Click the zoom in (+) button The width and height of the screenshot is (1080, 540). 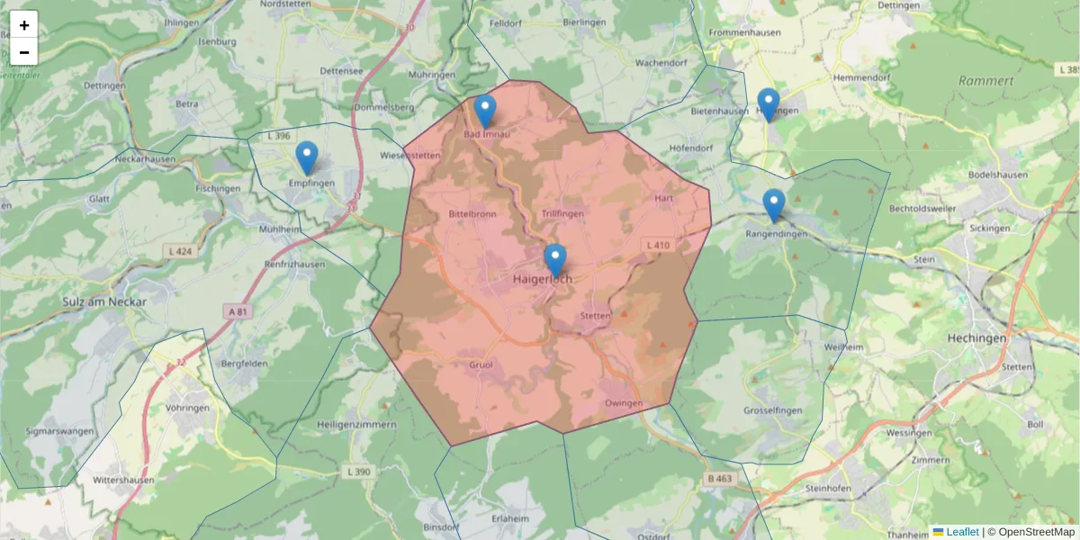coord(23,25)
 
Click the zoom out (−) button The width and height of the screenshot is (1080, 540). coord(23,52)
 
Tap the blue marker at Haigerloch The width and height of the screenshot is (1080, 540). coord(555,259)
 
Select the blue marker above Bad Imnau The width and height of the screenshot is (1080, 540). coord(485,111)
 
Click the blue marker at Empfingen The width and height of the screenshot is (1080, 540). coord(307,157)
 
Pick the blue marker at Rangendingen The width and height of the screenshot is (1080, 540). coord(774,205)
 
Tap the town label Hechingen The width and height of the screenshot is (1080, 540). coord(976,337)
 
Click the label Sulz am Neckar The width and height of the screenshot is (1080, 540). coord(105,302)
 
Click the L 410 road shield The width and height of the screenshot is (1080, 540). coord(658,245)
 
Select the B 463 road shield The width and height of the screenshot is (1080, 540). coord(719,479)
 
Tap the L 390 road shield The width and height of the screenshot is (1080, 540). coord(358,472)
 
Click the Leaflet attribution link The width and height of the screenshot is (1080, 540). coord(961,532)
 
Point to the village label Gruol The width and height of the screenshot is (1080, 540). coord(481,365)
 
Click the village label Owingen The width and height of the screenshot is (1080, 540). coord(624,403)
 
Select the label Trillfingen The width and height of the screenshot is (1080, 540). coord(562,213)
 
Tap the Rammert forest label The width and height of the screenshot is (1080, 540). coord(985,81)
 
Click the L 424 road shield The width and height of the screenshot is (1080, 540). coord(180,250)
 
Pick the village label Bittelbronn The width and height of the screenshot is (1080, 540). coord(472,214)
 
